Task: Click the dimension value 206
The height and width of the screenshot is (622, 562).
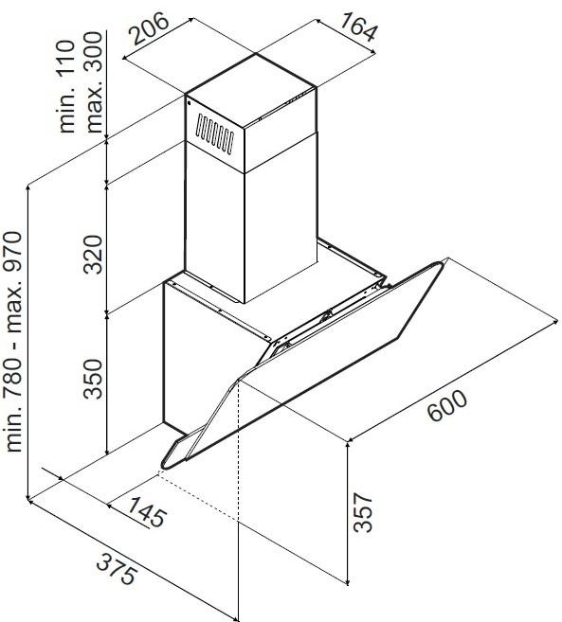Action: coord(150,27)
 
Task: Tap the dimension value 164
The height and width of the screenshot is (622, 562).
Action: coord(358,27)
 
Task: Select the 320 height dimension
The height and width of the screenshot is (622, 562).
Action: coord(93,255)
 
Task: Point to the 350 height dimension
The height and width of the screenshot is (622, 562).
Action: coord(93,379)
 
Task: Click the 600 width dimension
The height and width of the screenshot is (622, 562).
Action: coord(447,405)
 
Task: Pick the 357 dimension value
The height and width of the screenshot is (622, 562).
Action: coord(363,512)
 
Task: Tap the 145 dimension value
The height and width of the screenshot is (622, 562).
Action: coord(146,512)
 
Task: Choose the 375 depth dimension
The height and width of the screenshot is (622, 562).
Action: coord(118,569)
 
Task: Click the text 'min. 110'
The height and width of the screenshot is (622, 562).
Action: coord(66,86)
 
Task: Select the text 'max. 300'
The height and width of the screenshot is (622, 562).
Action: coord(94,82)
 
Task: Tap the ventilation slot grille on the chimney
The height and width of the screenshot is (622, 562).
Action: coord(215,133)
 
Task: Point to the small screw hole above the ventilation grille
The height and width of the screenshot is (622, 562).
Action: coord(190,104)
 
